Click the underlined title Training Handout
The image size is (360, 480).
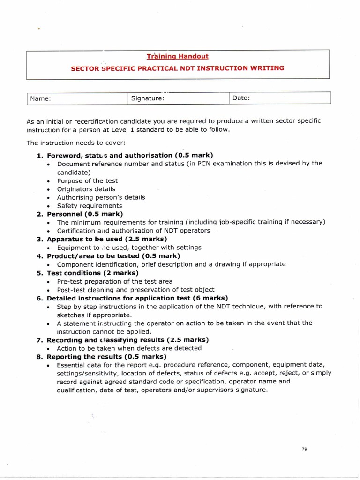coord(178,56)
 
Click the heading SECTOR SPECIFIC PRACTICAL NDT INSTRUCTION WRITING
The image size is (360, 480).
coord(178,68)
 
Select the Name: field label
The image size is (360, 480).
coord(40,98)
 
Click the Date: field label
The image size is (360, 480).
coord(241,98)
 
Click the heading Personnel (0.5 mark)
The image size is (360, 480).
coord(85,214)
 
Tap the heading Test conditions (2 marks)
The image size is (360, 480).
coord(92,273)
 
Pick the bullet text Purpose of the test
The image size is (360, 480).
coord(87,180)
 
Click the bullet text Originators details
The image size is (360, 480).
coord(86,189)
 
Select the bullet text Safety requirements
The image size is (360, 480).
coord(90,206)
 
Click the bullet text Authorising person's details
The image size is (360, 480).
coord(101,197)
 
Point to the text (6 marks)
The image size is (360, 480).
coord(210,298)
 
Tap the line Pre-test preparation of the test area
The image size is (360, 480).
coord(114,281)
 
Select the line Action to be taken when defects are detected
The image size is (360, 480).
coord(129,348)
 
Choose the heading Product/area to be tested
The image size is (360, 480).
coord(113,256)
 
